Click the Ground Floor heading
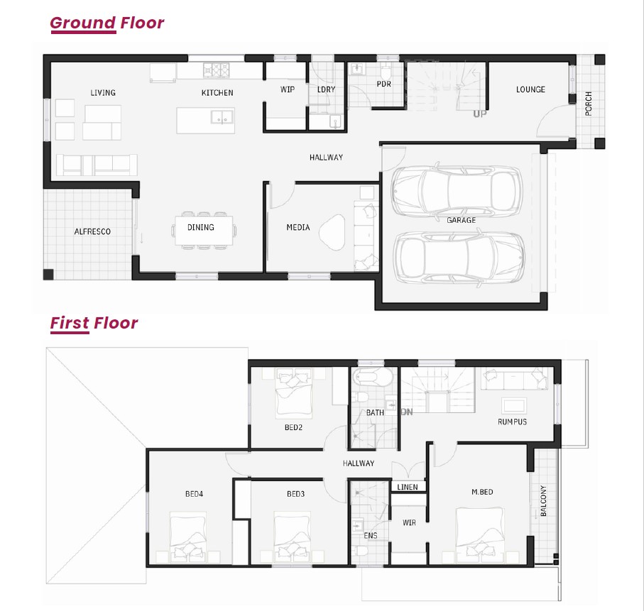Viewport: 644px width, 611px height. click(x=107, y=23)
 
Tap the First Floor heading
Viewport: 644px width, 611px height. click(x=94, y=323)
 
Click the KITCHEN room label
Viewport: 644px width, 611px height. click(x=217, y=93)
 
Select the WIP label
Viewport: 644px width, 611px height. click(x=288, y=89)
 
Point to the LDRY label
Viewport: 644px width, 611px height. click(x=327, y=89)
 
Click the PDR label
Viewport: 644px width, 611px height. click(x=384, y=84)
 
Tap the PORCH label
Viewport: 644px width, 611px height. click(x=589, y=104)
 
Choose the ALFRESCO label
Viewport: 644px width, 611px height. click(x=92, y=231)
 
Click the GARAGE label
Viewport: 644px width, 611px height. click(x=462, y=221)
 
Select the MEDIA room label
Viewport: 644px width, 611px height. click(x=298, y=228)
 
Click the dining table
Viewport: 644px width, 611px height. click(x=204, y=231)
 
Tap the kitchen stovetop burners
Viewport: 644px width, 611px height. click(x=217, y=70)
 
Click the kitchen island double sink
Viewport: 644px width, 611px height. click(x=222, y=117)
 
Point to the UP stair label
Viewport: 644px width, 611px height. click(x=480, y=114)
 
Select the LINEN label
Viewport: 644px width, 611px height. click(x=408, y=487)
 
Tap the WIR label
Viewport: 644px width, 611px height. click(x=409, y=523)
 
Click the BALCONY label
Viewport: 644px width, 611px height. click(x=543, y=500)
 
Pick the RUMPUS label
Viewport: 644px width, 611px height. click(x=512, y=422)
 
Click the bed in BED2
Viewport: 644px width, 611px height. click(x=294, y=393)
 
